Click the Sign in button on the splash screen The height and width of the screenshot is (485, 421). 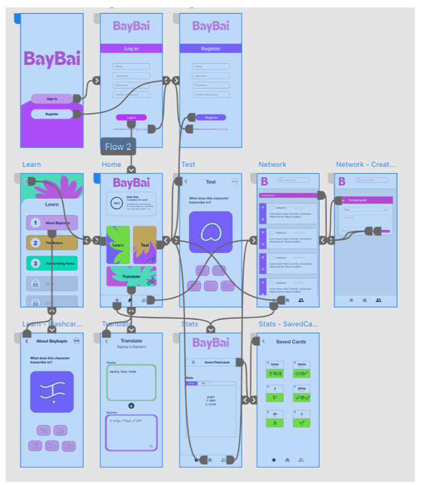pyautogui.click(x=52, y=98)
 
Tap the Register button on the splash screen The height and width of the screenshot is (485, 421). pyautogui.click(x=52, y=114)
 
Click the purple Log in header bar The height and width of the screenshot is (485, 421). pyautogui.click(x=131, y=48)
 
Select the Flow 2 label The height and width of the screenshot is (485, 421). pyautogui.click(x=118, y=147)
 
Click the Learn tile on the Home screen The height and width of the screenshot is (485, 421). pyautogui.click(x=118, y=244)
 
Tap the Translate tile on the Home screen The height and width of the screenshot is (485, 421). pyautogui.click(x=131, y=276)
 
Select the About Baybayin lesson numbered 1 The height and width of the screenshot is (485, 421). pyautogui.click(x=52, y=223)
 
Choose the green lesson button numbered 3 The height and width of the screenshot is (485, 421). pyautogui.click(x=52, y=263)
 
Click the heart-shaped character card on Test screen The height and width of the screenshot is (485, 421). pyautogui.click(x=210, y=233)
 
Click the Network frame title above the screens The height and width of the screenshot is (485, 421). pyautogui.click(x=272, y=165)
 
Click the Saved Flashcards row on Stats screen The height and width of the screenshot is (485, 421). pyautogui.click(x=210, y=363)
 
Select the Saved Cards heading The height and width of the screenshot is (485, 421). pyautogui.click(x=291, y=341)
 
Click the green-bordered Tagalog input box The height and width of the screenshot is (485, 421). pyautogui.click(x=131, y=382)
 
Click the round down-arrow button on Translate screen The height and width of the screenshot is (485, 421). pyautogui.click(x=131, y=406)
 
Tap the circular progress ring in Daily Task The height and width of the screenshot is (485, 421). pyautogui.click(x=116, y=202)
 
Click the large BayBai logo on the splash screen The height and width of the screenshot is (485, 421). pyautogui.click(x=52, y=59)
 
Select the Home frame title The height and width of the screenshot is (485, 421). pyautogui.click(x=111, y=165)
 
